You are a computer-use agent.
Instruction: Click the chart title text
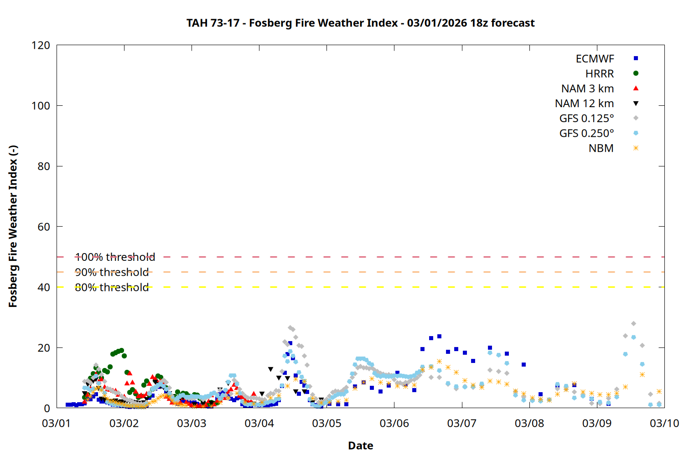[360, 23]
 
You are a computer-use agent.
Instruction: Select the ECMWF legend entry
[595, 59]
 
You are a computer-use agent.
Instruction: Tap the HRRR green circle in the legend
[636, 73]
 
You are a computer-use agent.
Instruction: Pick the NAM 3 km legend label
[587, 88]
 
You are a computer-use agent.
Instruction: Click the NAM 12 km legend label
[584, 104]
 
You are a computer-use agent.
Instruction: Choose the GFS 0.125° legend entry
[586, 119]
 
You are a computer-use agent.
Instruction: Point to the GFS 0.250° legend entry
[586, 134]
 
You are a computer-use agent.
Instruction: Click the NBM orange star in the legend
[636, 148]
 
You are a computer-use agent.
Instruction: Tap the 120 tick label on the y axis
[41, 45]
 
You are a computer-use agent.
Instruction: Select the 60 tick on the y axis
[44, 227]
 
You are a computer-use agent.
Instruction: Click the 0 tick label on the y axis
[47, 408]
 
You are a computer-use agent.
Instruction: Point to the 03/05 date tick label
[326, 423]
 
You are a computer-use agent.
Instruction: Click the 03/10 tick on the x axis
[664, 423]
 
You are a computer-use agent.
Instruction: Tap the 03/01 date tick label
[56, 423]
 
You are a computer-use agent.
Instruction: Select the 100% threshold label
[115, 257]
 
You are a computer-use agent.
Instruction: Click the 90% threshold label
[112, 272]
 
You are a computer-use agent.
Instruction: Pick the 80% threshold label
[112, 287]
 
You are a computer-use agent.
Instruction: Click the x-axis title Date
[360, 446]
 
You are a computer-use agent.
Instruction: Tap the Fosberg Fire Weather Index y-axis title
[13, 227]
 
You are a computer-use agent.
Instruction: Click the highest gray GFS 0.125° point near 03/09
[633, 324]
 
